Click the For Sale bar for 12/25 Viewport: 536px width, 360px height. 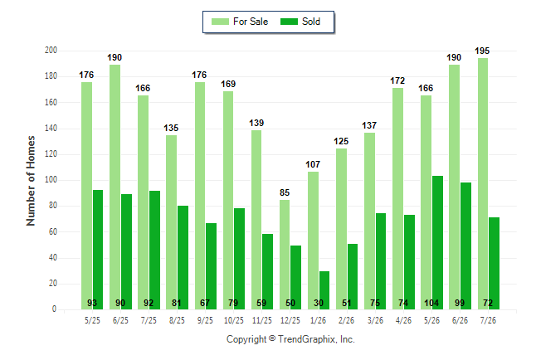285,255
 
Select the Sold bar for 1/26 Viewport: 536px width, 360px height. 324,290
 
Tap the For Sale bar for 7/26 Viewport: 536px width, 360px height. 483,184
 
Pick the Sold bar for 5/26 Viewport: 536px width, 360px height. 437,243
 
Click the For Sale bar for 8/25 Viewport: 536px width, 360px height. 171,222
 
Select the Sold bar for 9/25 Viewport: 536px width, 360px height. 212,266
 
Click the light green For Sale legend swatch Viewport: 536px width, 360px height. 220,22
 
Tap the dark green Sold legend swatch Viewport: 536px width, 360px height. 289,22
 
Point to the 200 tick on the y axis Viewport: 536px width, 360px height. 51,51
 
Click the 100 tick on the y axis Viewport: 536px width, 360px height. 51,180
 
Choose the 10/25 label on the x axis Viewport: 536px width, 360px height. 234,320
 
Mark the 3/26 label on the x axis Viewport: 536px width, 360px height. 375,320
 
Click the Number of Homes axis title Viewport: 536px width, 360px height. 31,181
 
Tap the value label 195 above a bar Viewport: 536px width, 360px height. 482,51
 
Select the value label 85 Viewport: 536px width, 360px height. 285,192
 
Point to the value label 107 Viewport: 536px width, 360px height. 313,164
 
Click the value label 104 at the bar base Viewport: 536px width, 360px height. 431,303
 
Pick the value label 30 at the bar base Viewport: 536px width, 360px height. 319,303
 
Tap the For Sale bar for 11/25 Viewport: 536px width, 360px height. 256,220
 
